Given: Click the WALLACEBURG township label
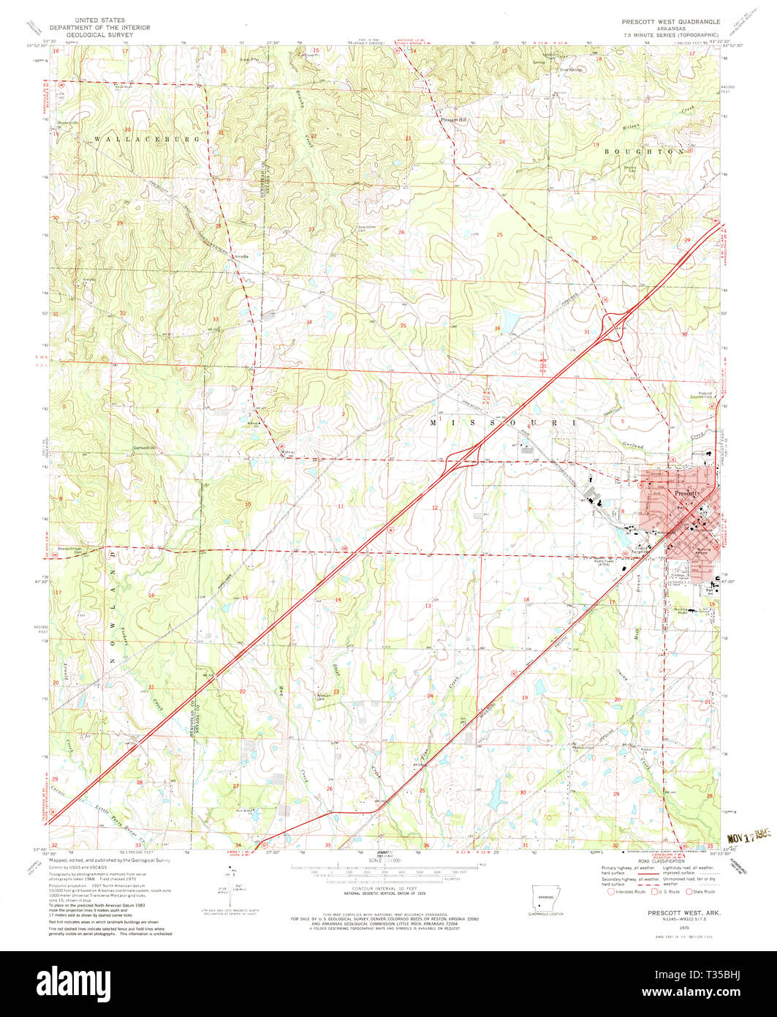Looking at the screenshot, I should click(145, 138).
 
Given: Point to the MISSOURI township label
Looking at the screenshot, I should click(504, 423).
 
